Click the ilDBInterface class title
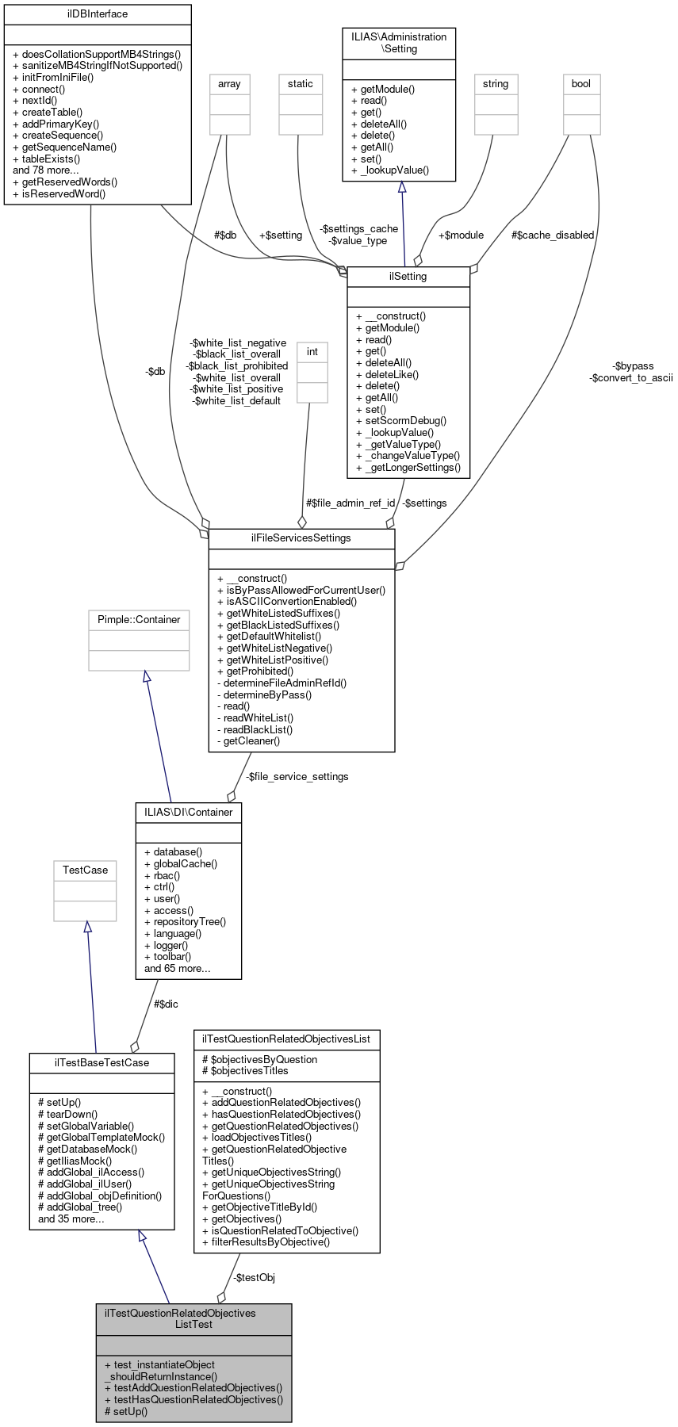pos(98,14)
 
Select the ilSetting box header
pos(408,277)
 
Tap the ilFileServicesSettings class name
pos(301,538)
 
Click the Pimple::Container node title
pos(139,620)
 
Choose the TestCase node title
pos(85,870)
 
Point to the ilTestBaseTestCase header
pos(102,1063)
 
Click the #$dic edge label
pos(166,1004)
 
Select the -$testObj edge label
pos(254,1278)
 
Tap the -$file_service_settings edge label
pos(297,777)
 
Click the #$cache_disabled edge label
pos(553,235)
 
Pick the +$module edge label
pos(461,235)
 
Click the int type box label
pos(312,352)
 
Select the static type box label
pos(301,84)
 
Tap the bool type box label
pos(581,84)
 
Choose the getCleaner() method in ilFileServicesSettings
pos(248,741)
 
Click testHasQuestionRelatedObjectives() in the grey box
pos(193,1400)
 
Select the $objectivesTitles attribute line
pos(246,1071)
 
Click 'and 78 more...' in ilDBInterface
pos(46,170)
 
